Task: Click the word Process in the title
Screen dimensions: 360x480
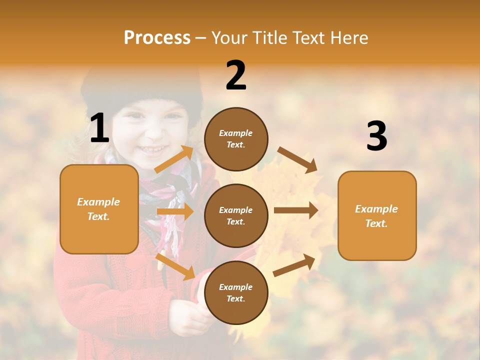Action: (157, 38)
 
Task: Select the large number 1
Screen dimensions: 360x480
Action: (99, 128)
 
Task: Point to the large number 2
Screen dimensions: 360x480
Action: (236, 75)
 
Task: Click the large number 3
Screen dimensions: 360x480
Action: (376, 136)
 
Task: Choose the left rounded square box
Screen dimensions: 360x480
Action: (99, 209)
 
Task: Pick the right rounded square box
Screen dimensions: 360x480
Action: (377, 215)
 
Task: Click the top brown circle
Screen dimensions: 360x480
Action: (236, 139)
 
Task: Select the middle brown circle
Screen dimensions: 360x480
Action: (236, 215)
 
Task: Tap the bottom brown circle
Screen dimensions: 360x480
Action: (236, 292)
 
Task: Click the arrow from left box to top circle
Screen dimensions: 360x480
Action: (174, 159)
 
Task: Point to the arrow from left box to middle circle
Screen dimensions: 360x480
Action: (175, 211)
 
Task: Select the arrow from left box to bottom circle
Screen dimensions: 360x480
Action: (175, 266)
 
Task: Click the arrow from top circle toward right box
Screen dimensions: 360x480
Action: (297, 159)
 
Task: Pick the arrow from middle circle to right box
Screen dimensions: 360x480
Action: (295, 210)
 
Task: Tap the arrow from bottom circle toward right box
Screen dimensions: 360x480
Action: (294, 265)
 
